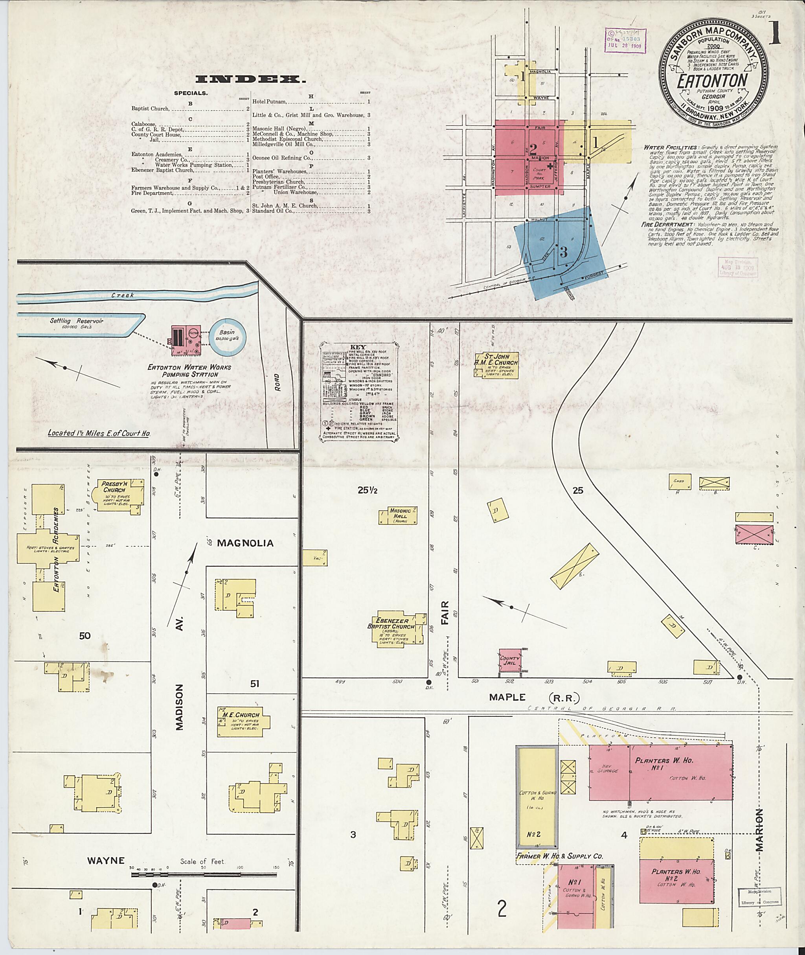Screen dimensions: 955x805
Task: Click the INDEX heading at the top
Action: point(250,79)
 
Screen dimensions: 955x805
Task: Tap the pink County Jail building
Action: point(510,661)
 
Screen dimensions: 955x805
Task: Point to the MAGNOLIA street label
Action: point(245,543)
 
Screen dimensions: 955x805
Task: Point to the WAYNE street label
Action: point(106,861)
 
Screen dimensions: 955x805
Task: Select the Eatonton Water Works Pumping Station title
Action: point(189,371)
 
